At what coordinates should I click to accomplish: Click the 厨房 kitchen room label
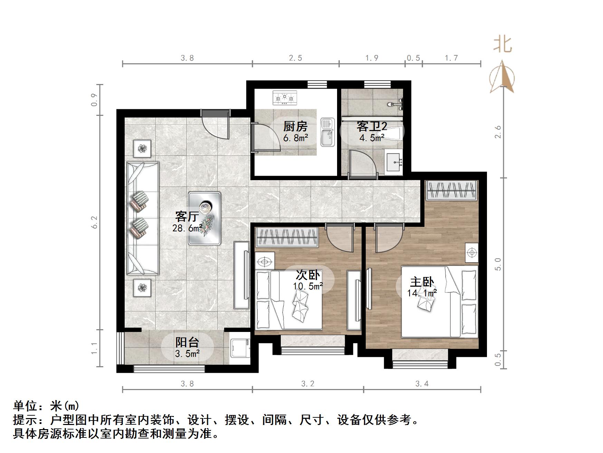click(295, 126)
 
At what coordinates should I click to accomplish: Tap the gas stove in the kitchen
click(285, 98)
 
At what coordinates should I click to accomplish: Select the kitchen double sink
click(327, 132)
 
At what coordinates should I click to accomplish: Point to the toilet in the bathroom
click(392, 133)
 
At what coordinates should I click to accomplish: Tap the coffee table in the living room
click(204, 219)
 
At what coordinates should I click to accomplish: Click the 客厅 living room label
click(187, 216)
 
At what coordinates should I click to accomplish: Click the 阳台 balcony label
click(187, 342)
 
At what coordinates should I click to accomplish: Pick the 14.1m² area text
click(422, 293)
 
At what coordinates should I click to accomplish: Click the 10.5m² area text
click(308, 286)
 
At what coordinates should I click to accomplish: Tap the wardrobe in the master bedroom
click(451, 190)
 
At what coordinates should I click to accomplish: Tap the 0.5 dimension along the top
click(413, 58)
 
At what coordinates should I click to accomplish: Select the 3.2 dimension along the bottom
click(308, 383)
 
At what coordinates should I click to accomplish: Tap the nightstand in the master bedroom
click(471, 253)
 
